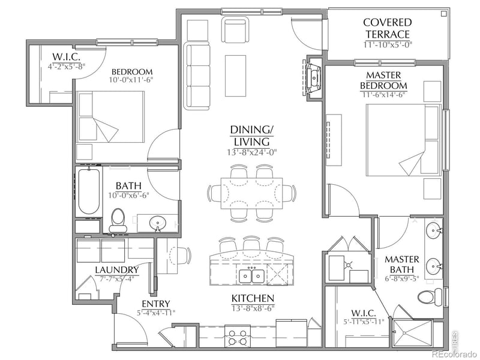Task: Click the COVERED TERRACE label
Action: pos(386,28)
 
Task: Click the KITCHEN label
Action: pos(253,298)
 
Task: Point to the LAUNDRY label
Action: pos(116,270)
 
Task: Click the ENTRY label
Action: pos(155,303)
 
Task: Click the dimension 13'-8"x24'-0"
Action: pos(252,151)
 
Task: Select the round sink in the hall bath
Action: pos(158,223)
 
